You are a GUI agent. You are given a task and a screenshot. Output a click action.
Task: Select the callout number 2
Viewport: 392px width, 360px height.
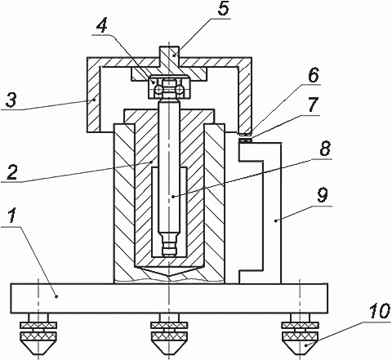click(x=12, y=171)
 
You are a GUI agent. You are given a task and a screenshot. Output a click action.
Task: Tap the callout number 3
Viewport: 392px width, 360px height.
click(x=11, y=100)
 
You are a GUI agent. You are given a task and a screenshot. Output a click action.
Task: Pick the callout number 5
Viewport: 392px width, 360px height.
click(x=223, y=9)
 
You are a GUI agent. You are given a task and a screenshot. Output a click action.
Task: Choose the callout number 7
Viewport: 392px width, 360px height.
click(x=313, y=104)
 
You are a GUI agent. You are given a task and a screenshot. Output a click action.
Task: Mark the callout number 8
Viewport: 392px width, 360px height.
click(x=325, y=148)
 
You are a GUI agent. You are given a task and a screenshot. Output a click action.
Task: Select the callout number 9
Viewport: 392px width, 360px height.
click(x=323, y=195)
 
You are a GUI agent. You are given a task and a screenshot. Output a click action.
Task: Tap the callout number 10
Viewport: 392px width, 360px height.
click(x=380, y=311)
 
